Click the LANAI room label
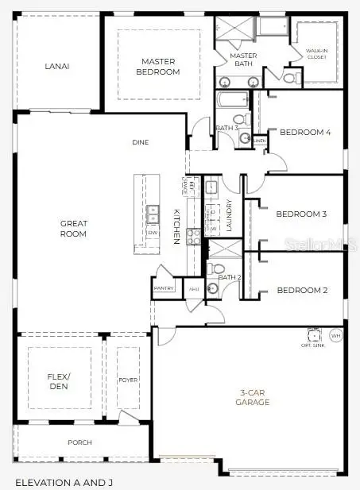(57, 66)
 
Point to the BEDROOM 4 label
(306, 133)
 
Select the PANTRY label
(165, 288)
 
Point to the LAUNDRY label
(230, 214)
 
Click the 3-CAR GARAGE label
(254, 397)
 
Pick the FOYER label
(127, 380)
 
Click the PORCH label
(79, 442)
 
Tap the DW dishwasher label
(153, 232)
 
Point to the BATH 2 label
(230, 277)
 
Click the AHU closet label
(194, 289)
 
